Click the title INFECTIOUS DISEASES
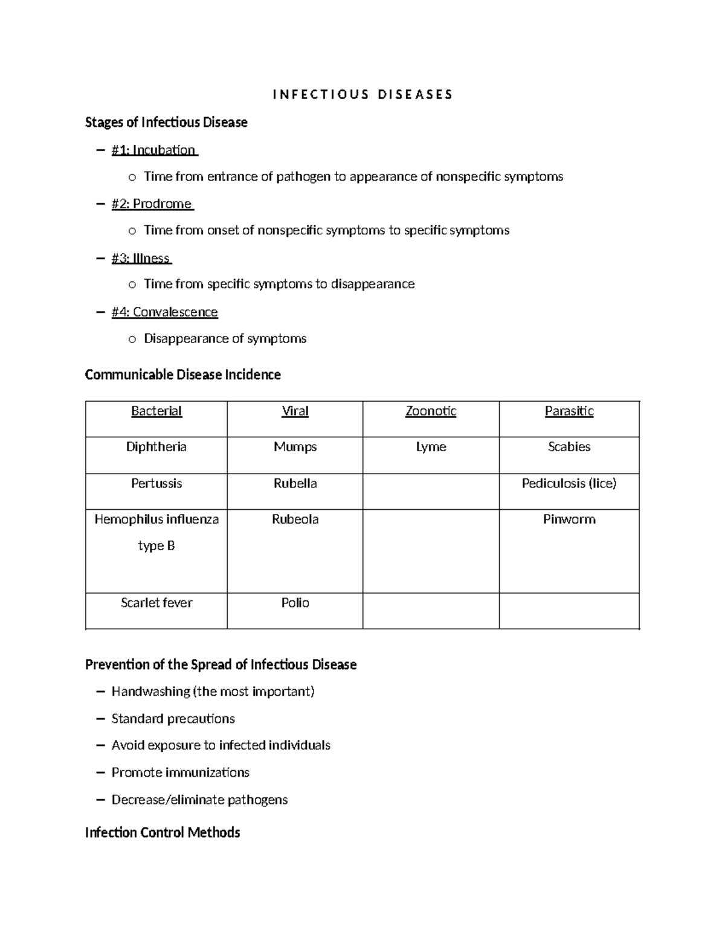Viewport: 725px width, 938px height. tap(362, 95)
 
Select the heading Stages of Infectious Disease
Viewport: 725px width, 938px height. tap(166, 123)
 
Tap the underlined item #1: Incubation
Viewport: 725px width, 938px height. tap(154, 150)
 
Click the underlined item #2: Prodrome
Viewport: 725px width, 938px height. tap(152, 204)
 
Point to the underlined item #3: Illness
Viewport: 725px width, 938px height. tap(141, 258)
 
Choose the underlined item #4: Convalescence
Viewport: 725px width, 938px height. tap(164, 312)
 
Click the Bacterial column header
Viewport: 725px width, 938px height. tap(156, 411)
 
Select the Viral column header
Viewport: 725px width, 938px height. tap(295, 411)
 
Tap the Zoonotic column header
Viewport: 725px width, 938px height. tap(431, 411)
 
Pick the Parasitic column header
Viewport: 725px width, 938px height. tap(569, 411)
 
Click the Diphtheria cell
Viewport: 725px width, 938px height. tap(156, 447)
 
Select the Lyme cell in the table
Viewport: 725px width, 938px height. tap(431, 447)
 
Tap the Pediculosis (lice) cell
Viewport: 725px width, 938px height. tap(569, 483)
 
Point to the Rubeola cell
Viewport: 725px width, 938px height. tap(295, 519)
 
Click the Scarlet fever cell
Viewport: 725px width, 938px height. tap(156, 603)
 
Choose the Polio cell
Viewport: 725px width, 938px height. tap(295, 603)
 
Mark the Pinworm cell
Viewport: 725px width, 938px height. tap(569, 519)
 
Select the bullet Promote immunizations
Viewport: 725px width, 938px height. tap(180, 773)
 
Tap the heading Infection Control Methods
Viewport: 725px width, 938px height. tap(163, 833)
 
